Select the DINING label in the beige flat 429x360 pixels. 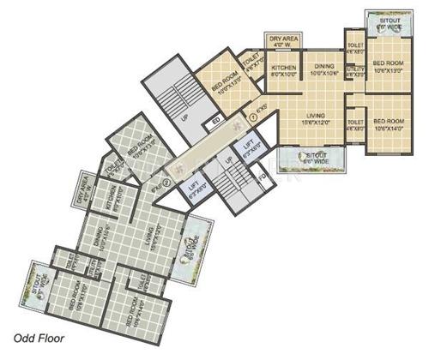323,67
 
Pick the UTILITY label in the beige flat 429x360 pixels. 353,71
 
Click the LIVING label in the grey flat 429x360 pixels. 149,233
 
